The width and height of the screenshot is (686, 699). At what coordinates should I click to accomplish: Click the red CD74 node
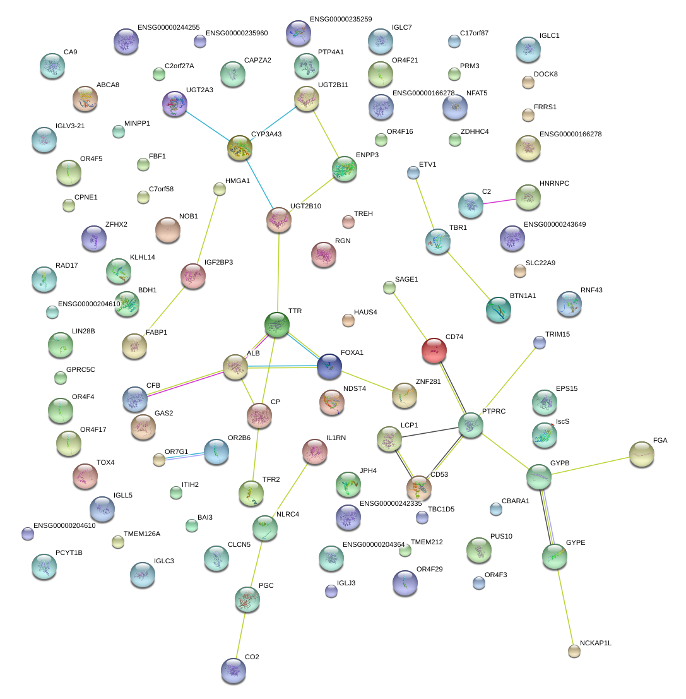click(x=434, y=350)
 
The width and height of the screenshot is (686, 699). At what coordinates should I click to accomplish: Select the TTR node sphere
click(x=277, y=325)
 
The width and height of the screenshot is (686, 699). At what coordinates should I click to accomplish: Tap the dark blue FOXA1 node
click(x=329, y=366)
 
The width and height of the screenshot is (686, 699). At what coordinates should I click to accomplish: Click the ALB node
click(x=235, y=367)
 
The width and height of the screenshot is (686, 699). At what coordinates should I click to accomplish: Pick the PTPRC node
click(x=471, y=425)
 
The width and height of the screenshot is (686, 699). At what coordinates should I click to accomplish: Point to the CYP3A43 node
click(x=240, y=148)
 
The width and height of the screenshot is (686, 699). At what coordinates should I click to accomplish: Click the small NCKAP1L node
click(x=574, y=651)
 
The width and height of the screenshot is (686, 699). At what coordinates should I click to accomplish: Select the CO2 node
click(x=234, y=670)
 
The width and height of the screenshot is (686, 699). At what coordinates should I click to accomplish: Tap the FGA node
click(x=642, y=454)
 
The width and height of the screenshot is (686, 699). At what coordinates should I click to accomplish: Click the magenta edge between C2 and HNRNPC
click(x=499, y=201)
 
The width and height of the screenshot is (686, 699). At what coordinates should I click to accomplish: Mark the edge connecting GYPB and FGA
click(x=591, y=465)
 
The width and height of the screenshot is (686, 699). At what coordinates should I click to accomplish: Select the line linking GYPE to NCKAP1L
click(x=564, y=604)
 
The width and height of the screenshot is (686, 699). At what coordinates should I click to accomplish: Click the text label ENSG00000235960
click(x=237, y=33)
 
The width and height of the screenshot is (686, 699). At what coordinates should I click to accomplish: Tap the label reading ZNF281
click(x=428, y=381)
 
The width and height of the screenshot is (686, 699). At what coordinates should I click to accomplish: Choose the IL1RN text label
click(x=336, y=438)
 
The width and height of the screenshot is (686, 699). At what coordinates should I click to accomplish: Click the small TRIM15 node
click(x=540, y=342)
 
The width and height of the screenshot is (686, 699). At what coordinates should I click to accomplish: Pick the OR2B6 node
click(x=216, y=451)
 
